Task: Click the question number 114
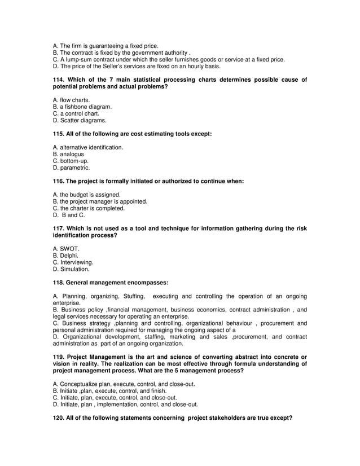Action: coord(59,80)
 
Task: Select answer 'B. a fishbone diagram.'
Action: coord(82,107)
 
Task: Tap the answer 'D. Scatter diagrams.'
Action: coord(79,120)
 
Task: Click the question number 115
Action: coord(59,134)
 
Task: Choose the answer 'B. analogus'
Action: coord(68,153)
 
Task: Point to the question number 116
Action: coord(59,181)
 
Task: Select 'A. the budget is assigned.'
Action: coord(86,195)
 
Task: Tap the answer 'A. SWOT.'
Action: coord(66,249)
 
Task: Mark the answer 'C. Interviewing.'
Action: coord(73,262)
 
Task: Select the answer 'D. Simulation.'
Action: coord(71,269)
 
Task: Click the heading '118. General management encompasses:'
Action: coord(110,283)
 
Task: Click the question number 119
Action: coord(59,357)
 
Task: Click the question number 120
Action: coord(59,418)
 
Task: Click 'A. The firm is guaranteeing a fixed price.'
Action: coord(106,46)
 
